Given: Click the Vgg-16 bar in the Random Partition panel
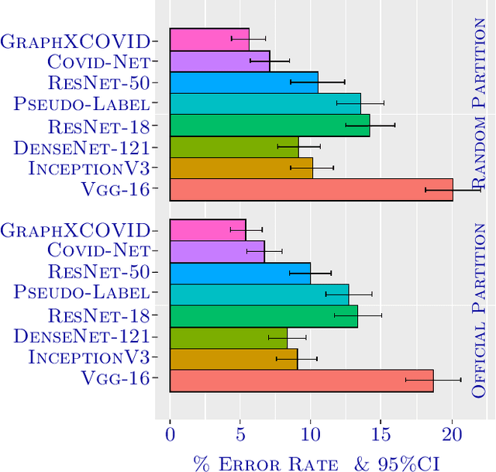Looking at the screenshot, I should point(311,189).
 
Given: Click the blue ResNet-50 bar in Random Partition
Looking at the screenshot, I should point(243,82).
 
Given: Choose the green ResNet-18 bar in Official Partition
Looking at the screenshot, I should point(263,316).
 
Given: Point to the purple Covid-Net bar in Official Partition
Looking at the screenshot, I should point(217,252).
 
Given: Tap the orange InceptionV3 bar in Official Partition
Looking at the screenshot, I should point(233,359).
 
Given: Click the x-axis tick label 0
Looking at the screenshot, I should point(170,435).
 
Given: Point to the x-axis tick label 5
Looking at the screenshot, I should point(240,435).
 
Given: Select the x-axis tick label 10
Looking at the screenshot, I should point(311,435).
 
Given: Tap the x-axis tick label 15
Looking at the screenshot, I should point(381,435).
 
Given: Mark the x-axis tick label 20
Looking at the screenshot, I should point(452,435).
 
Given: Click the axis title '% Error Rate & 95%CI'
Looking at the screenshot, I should point(316,463).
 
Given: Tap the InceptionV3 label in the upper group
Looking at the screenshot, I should point(88,168).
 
